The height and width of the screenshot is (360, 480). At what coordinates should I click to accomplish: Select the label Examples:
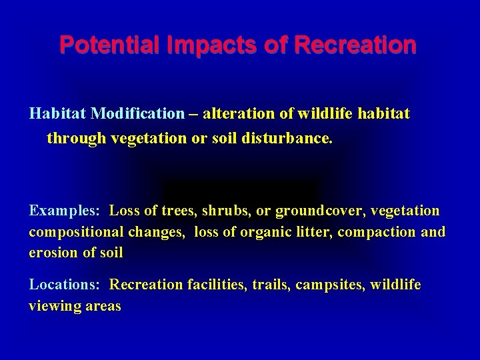65,211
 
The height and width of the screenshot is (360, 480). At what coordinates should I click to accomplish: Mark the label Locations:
65,285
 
